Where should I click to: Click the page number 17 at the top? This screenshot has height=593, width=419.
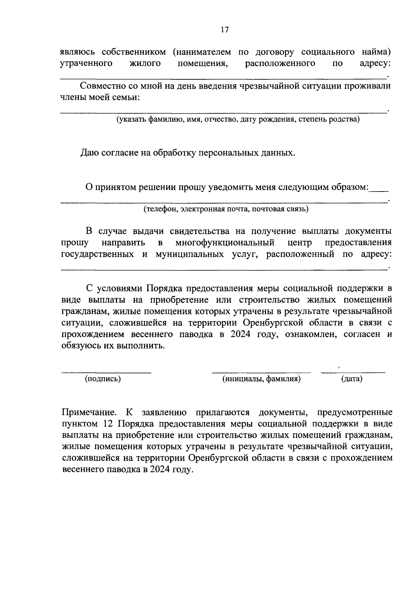224,30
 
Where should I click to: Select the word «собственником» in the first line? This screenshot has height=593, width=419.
134,52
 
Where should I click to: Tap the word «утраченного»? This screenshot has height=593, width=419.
86,64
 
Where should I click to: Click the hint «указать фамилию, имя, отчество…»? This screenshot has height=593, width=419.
238,120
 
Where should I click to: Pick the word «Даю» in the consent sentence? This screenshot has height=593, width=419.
89,153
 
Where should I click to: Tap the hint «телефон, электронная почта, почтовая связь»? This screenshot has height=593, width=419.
226,209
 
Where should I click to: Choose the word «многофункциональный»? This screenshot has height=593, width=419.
225,243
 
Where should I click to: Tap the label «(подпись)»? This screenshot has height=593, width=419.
103,379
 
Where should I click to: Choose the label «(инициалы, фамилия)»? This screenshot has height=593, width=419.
262,379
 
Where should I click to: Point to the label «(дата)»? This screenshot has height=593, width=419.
352,379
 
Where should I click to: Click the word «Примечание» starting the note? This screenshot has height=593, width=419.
89,413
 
